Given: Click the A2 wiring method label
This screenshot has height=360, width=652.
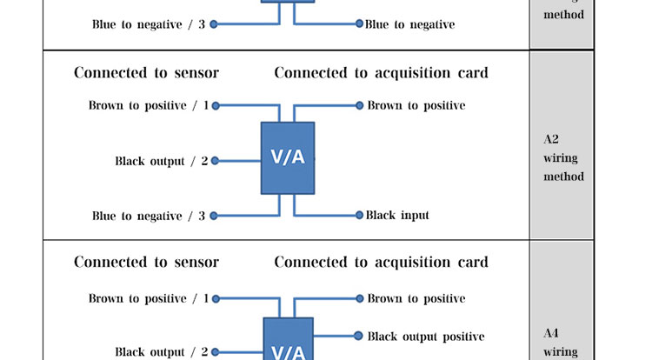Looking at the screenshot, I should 563,157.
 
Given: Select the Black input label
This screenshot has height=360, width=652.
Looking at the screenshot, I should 397,215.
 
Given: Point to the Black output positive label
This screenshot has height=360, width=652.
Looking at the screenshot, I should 425,336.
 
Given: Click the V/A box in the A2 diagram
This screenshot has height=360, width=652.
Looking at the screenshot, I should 288,158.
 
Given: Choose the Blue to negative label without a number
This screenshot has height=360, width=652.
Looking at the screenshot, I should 409,24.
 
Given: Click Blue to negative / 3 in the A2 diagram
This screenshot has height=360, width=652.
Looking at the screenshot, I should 149,216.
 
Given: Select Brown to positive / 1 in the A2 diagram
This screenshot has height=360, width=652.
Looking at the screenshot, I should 149,105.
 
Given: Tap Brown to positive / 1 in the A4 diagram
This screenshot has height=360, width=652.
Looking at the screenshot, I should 149,298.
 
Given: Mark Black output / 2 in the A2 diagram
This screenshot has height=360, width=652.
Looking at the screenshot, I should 162,161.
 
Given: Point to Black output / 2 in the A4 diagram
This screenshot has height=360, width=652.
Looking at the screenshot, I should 162,352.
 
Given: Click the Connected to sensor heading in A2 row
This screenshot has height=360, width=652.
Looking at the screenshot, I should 146,72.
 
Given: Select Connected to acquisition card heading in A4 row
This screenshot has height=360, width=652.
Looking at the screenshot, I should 381,262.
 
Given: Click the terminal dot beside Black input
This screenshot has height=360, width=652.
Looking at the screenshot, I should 359,215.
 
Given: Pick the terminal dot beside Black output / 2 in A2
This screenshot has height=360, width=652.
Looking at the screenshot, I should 215,161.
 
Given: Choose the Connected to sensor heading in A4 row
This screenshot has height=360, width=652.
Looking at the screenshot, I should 146,262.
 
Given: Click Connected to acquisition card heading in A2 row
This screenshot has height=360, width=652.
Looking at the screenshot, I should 381,72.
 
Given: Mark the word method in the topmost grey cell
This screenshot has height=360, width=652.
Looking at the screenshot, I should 563,15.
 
